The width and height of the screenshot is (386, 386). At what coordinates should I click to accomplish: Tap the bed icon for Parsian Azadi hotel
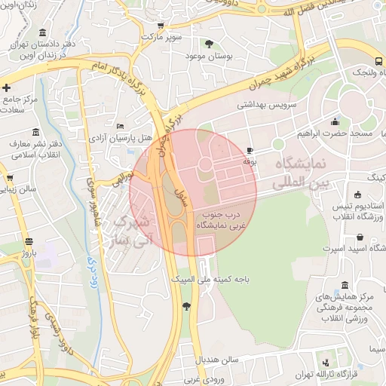pyautogui.click(x=121, y=126)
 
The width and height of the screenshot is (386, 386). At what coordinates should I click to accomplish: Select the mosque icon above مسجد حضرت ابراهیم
pyautogui.click(x=335, y=121)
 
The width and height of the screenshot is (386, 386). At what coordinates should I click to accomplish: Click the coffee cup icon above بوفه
pyautogui.click(x=250, y=151)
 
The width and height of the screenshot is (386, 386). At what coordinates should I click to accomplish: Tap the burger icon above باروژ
pyautogui.click(x=29, y=242)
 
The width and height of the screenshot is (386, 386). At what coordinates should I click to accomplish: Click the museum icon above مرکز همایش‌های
pyautogui.click(x=345, y=286)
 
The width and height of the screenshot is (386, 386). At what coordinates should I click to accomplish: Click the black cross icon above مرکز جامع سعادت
pyautogui.click(x=7, y=87)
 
